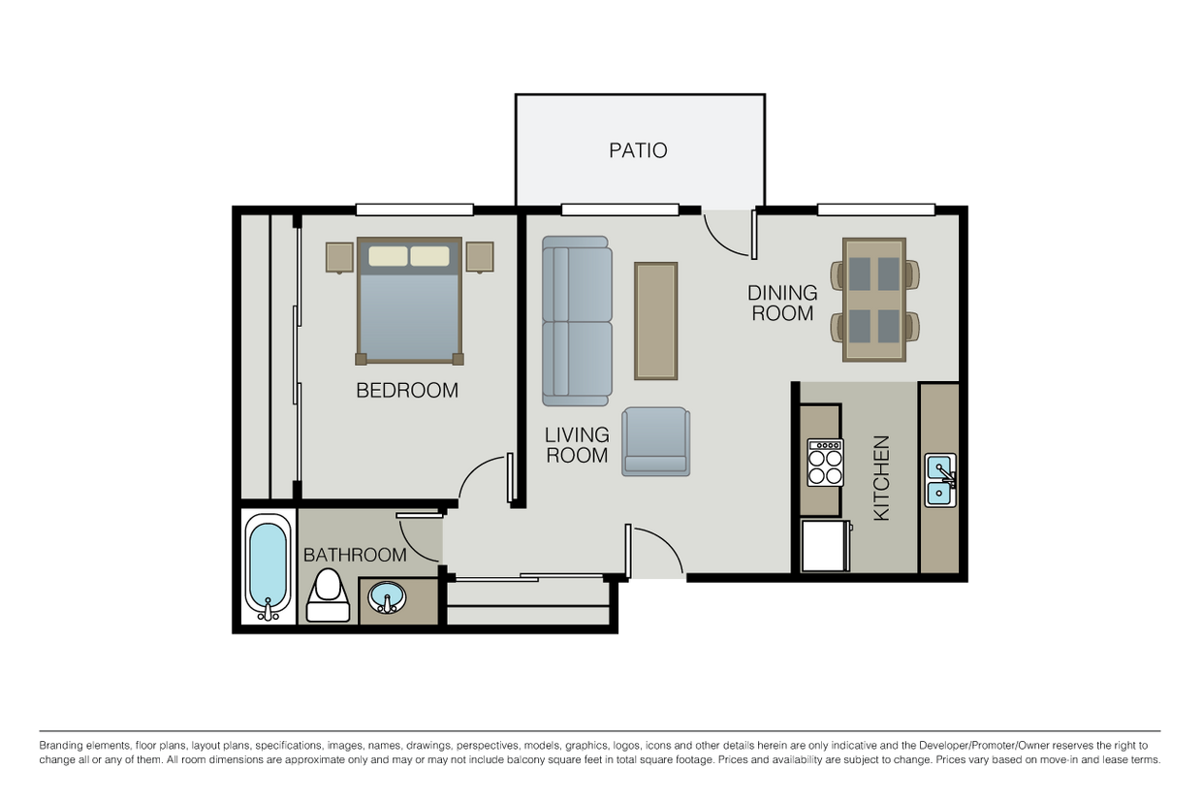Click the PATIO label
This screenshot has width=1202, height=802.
click(638, 150)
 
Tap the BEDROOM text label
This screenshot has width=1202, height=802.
click(407, 390)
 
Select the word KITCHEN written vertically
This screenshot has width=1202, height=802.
click(882, 478)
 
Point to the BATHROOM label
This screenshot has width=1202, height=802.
click(355, 555)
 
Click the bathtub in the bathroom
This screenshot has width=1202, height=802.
click(269, 567)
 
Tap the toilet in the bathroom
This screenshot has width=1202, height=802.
click(328, 595)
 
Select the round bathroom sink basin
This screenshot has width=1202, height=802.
click(387, 597)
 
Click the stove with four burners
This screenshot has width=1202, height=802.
click(825, 463)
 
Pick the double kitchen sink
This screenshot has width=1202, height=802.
click(940, 480)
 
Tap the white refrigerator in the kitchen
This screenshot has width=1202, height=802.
click(826, 545)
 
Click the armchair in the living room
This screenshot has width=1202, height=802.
click(655, 442)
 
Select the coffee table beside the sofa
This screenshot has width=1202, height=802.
click(655, 321)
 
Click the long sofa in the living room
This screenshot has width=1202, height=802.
click(577, 321)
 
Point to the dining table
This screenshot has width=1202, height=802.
click(874, 300)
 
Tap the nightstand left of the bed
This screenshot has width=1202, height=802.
click(339, 258)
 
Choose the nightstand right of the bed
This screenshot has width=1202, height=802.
click(480, 257)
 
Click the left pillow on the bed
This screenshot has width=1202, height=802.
click(388, 256)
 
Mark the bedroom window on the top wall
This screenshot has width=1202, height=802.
click(414, 209)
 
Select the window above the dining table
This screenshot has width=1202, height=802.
click(876, 209)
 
